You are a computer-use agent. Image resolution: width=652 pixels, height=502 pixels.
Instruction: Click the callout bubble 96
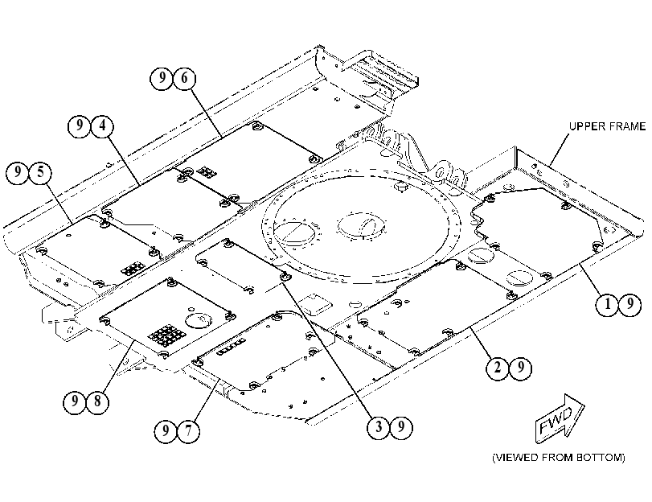click(173, 78)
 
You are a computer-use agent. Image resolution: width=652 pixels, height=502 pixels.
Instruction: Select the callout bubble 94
click(90, 125)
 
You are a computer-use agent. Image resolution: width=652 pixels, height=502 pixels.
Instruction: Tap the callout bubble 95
click(29, 173)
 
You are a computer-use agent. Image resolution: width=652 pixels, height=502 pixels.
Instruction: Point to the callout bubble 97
click(177, 431)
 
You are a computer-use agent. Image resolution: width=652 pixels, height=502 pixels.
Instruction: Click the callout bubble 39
click(390, 427)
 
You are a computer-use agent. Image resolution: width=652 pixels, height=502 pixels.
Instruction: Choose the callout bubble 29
click(509, 368)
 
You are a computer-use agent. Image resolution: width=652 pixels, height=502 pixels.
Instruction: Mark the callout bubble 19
click(618, 305)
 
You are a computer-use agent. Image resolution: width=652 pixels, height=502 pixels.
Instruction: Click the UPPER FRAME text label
click(607, 126)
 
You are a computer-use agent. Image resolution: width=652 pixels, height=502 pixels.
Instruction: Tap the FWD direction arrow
click(560, 418)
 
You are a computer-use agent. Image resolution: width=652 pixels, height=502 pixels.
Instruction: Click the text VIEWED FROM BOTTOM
click(559, 458)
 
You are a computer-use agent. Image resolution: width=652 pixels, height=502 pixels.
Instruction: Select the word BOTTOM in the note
click(601, 458)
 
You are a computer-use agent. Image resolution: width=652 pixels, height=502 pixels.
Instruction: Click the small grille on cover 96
click(206, 171)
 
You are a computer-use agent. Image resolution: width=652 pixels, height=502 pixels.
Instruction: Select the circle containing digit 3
click(379, 427)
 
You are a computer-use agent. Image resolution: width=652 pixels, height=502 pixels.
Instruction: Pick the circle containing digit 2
click(498, 368)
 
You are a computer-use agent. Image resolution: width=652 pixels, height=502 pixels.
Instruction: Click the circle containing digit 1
click(607, 305)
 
